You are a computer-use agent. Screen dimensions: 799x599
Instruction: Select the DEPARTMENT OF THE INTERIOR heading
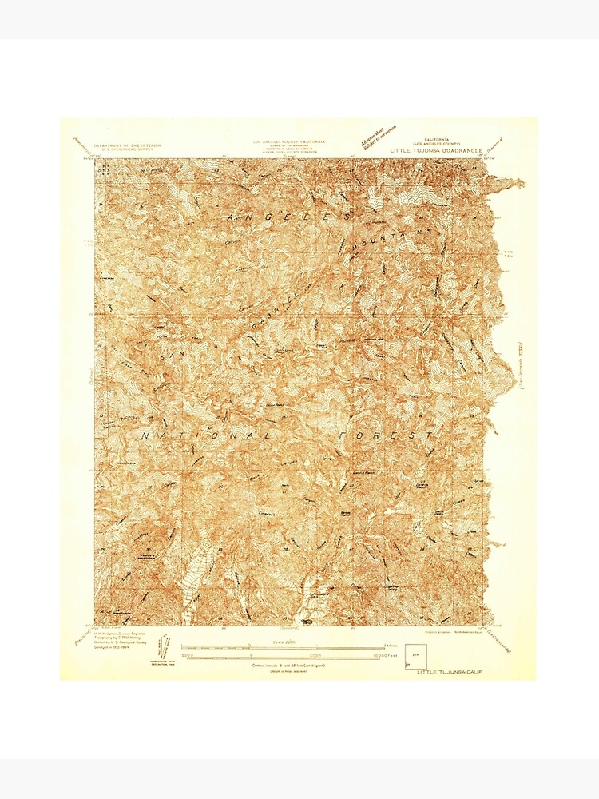point(127,145)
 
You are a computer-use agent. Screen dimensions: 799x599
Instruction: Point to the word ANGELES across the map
point(288,217)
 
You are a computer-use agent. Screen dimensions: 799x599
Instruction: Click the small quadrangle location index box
point(416,656)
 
